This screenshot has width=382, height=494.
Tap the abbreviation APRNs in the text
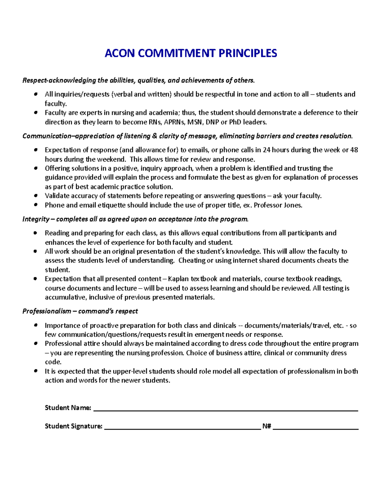pos(174,122)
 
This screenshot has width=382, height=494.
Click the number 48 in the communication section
pos(354,150)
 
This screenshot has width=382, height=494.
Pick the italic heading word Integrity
pos(36,219)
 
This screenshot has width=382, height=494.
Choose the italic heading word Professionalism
pos(47,311)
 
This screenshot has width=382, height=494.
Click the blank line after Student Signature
pos(182,428)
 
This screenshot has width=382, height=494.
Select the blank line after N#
pos(315,428)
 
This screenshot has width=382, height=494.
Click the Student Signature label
pos(74,426)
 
